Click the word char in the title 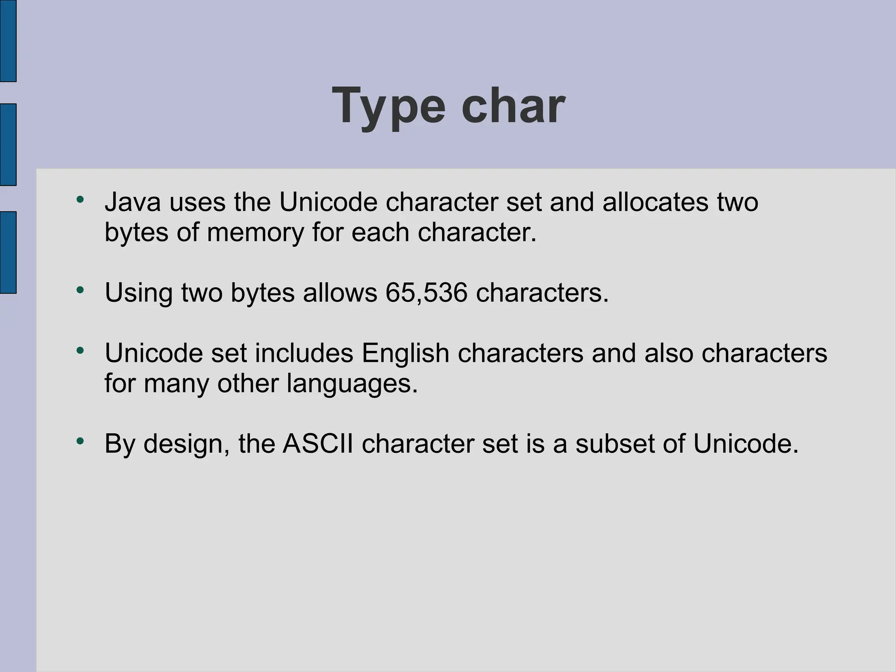(513, 106)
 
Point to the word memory (255, 232)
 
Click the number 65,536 (426, 293)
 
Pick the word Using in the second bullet (139, 294)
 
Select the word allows (339, 293)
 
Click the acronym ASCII (318, 444)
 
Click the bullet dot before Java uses (80, 199)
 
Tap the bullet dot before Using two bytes (80, 290)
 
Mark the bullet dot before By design (80, 441)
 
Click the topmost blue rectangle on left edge (8, 41)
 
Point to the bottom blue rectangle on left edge (8, 252)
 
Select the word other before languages (248, 384)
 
